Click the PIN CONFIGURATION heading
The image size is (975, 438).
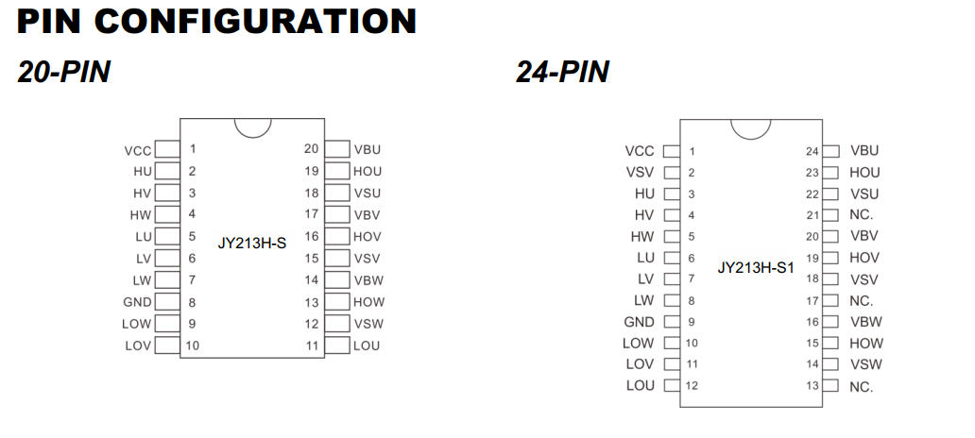(x=216, y=21)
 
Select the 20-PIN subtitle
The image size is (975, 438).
(x=64, y=72)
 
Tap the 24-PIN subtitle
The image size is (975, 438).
(x=562, y=72)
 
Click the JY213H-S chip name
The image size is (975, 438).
(x=251, y=243)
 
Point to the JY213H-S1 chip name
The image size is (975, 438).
(x=756, y=267)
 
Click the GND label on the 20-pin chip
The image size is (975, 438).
(x=138, y=302)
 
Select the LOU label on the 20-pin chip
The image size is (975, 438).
(x=367, y=345)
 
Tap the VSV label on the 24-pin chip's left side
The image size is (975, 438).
(x=640, y=173)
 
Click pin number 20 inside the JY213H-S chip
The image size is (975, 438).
(x=311, y=149)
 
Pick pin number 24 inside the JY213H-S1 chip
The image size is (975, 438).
(x=812, y=151)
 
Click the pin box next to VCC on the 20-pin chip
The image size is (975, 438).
(x=167, y=149)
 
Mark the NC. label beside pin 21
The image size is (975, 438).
(x=862, y=215)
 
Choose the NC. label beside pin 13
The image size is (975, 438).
(x=862, y=387)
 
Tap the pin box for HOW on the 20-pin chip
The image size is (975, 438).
(x=337, y=302)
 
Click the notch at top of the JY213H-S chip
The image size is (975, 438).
(x=252, y=126)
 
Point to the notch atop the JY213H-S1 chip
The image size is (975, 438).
(x=750, y=127)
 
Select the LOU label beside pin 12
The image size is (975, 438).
(x=640, y=386)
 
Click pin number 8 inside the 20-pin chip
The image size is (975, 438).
(x=192, y=302)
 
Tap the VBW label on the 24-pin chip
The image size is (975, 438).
(x=866, y=322)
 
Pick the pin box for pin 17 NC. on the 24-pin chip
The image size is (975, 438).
(x=830, y=301)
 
